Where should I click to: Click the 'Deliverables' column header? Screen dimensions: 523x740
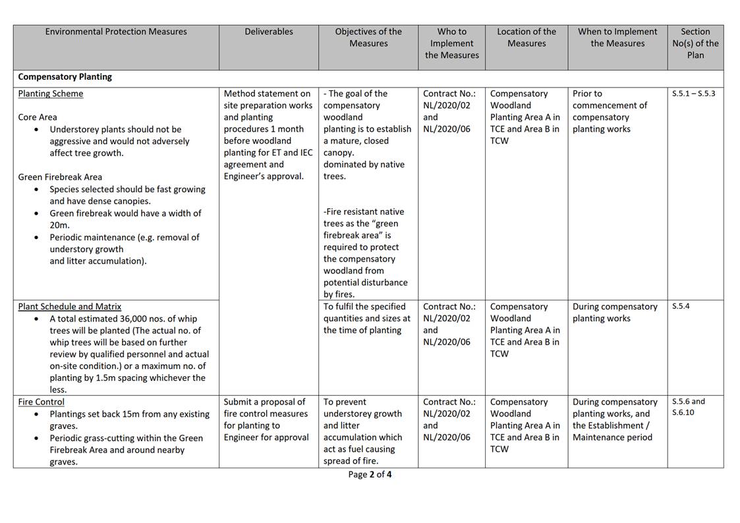tap(269, 32)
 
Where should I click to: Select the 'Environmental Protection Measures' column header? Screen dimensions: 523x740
tap(116, 32)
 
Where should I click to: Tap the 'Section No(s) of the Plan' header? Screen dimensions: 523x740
tap(695, 43)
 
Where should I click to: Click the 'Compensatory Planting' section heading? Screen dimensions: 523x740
tap(65, 77)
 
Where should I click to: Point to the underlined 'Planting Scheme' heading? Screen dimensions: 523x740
tap(51, 94)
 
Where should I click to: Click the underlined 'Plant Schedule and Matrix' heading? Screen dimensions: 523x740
tap(70, 306)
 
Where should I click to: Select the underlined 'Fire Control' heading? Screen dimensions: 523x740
tap(42, 402)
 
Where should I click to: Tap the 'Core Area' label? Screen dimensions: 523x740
tap(38, 117)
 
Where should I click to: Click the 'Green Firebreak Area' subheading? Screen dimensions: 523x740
tap(60, 177)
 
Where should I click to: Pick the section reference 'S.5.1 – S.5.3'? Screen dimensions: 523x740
tap(693, 94)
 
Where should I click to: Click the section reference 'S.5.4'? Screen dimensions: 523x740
tap(681, 306)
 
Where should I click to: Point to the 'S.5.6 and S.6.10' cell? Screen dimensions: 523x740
tap(689, 407)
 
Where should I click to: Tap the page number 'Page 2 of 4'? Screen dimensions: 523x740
tap(370, 474)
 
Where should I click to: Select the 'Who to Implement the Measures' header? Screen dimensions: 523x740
tap(451, 43)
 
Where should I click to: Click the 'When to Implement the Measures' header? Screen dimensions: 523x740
tap(617, 38)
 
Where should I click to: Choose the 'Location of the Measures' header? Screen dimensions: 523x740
tap(527, 38)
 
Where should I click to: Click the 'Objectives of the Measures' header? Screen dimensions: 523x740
tap(368, 38)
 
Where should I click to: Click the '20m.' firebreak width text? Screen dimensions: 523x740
tap(59, 225)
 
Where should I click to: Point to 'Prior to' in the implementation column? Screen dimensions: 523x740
tap(587, 94)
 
